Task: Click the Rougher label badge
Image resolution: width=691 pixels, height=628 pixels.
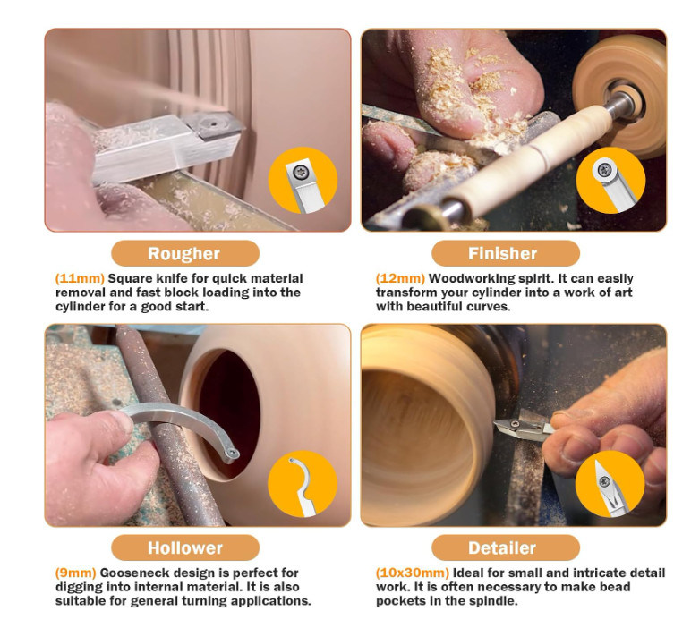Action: tap(185, 253)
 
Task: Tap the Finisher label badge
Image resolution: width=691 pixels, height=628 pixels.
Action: tap(506, 253)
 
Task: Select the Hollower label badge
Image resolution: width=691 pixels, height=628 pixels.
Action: tap(185, 547)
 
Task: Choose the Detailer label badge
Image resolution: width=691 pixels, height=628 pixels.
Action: tap(506, 547)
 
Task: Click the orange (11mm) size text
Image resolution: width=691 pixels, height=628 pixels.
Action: tap(80, 278)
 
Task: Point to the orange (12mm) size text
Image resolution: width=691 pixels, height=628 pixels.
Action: tap(400, 278)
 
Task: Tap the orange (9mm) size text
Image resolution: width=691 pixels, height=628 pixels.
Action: tap(75, 573)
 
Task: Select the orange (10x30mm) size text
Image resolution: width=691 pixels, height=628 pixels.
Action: tap(413, 573)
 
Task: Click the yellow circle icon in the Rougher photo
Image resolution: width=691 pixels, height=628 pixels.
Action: tap(303, 180)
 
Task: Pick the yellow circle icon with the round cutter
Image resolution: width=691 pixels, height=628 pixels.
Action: tap(610, 180)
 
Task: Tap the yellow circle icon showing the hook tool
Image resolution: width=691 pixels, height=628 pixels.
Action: tap(303, 484)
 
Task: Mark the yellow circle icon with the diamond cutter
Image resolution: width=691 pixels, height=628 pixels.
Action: tap(610, 484)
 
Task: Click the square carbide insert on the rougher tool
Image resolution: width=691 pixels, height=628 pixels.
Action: tap(214, 124)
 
